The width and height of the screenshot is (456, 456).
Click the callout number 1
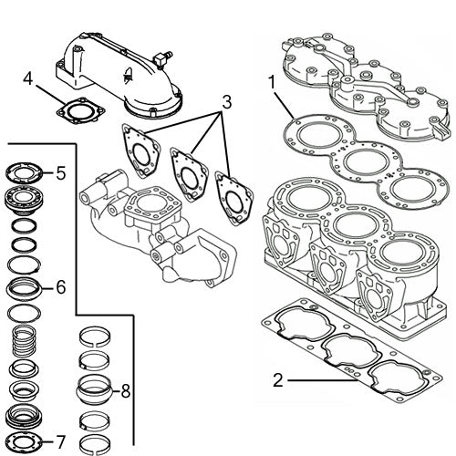click(x=271, y=83)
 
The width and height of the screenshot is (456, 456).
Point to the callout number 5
click(x=60, y=171)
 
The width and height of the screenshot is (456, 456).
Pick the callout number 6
click(x=60, y=287)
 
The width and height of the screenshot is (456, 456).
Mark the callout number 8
click(x=126, y=391)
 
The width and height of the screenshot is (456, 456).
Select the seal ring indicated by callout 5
click(x=28, y=172)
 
